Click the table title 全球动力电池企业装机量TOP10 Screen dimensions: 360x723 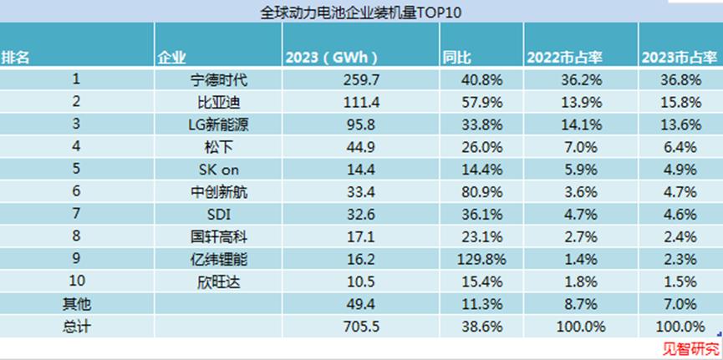coord(362,12)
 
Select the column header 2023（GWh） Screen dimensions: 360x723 coord(332,58)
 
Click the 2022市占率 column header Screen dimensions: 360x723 coord(566,58)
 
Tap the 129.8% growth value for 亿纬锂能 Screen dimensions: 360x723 coord(481,261)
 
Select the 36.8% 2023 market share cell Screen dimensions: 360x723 coord(680,81)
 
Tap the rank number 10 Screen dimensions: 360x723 coord(76,282)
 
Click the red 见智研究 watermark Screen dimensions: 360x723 coord(690,348)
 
